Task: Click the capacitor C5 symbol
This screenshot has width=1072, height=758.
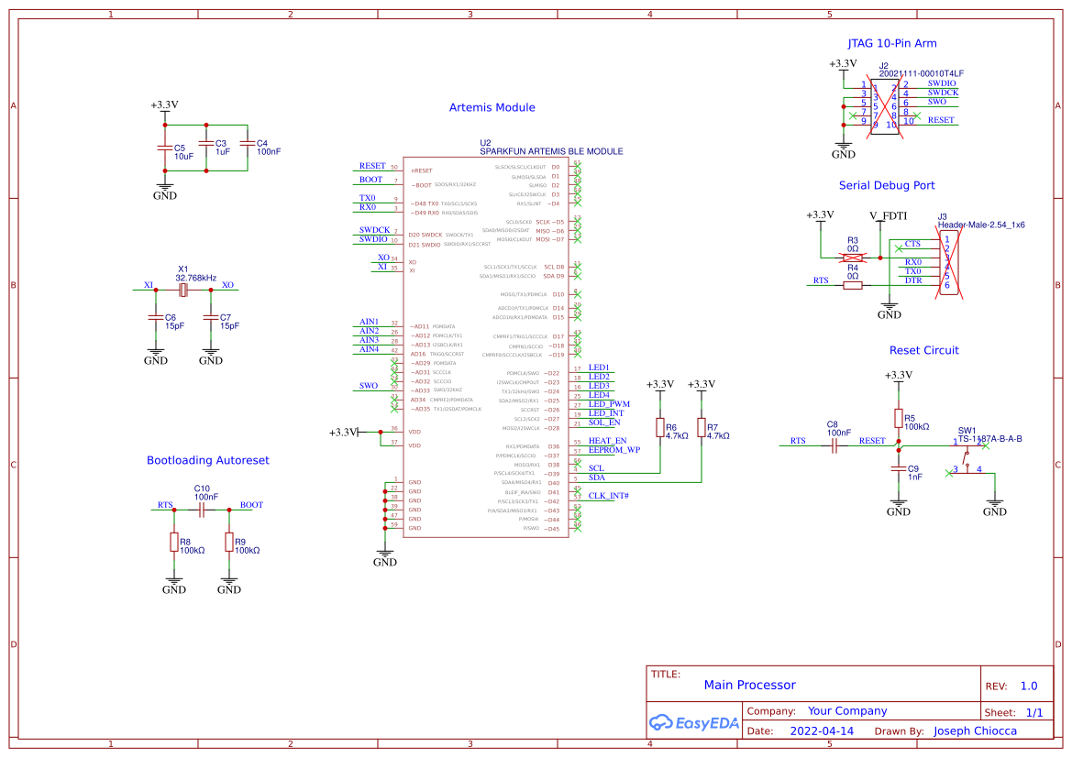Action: coord(165,147)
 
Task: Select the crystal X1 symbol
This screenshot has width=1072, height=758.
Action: coord(183,290)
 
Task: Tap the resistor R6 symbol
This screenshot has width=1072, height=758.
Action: coord(659,428)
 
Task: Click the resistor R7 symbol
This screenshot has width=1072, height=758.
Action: coord(702,428)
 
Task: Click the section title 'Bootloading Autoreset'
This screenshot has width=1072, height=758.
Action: coord(208,460)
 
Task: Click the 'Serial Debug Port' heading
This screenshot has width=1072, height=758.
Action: coord(887,185)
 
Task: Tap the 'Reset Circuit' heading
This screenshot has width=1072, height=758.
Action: coord(923,350)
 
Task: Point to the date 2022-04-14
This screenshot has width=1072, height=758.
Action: coord(822,731)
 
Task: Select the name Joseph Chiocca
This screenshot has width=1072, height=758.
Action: coord(975,731)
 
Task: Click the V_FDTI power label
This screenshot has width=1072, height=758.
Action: coord(888,215)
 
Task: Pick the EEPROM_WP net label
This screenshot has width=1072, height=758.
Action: coord(614,450)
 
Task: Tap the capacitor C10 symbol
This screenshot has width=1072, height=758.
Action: coord(202,506)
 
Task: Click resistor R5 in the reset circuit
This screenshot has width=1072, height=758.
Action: coord(899,418)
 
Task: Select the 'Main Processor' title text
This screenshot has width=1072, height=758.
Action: coord(749,685)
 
